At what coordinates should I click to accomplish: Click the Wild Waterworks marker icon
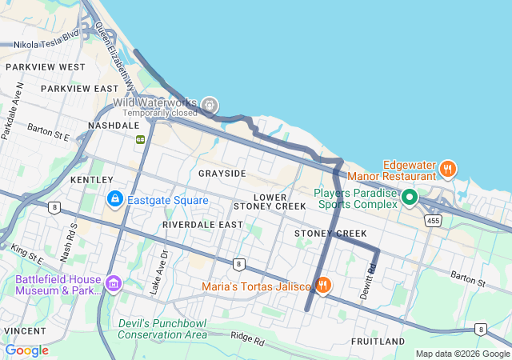click(210, 103)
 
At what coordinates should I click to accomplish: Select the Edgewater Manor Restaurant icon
click(447, 169)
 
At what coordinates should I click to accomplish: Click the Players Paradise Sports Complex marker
click(410, 196)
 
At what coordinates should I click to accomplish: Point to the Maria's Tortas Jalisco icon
click(323, 285)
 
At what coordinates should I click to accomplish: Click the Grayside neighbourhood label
click(222, 174)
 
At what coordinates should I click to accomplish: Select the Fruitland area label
click(378, 342)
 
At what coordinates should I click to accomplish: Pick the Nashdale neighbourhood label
click(114, 126)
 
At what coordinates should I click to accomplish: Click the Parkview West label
click(45, 67)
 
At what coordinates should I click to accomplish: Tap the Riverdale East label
click(202, 226)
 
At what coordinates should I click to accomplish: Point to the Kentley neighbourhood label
click(86, 181)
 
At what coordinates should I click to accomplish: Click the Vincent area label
click(24, 330)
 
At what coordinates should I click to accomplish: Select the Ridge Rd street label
click(246, 339)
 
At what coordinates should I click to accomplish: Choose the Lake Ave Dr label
click(165, 271)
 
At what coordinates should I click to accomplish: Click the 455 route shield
click(434, 220)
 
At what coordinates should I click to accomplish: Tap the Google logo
click(27, 350)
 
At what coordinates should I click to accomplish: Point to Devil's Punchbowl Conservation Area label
click(162, 328)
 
